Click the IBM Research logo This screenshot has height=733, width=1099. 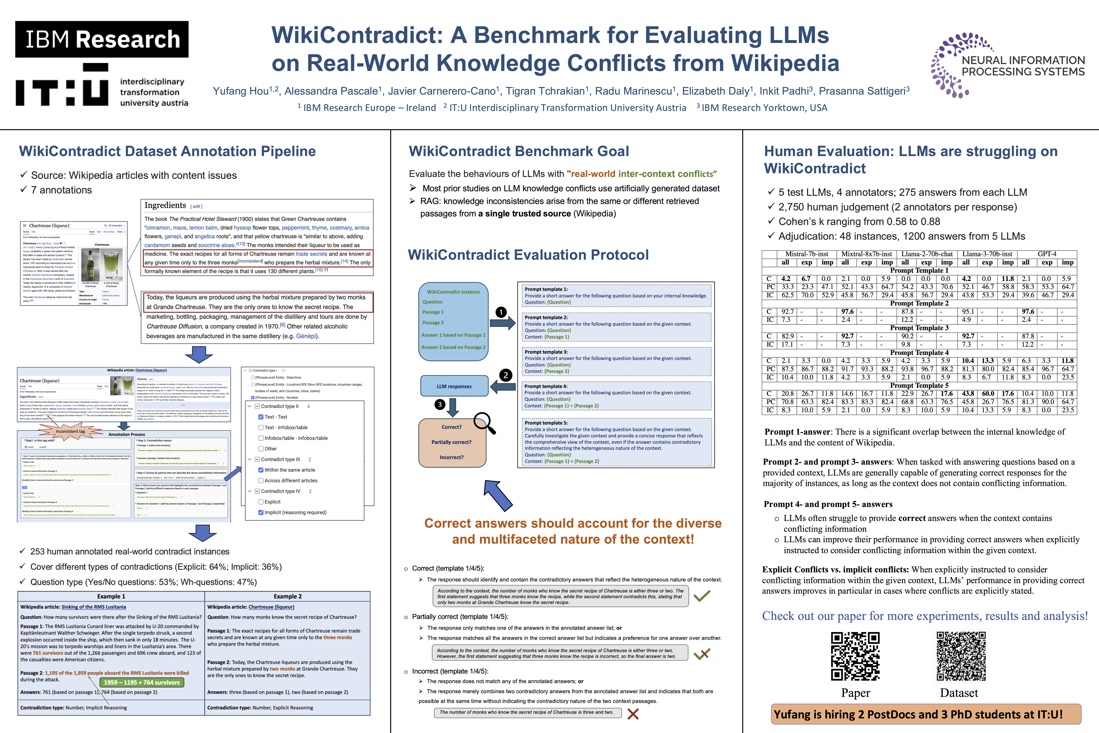102,39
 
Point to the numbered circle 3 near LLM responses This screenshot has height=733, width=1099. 440,404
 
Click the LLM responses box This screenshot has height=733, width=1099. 454,386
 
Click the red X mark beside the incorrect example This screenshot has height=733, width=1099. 633,714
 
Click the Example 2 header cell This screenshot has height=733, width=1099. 287,597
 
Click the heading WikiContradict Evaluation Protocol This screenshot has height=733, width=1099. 528,255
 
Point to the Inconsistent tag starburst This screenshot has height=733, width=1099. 70,431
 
